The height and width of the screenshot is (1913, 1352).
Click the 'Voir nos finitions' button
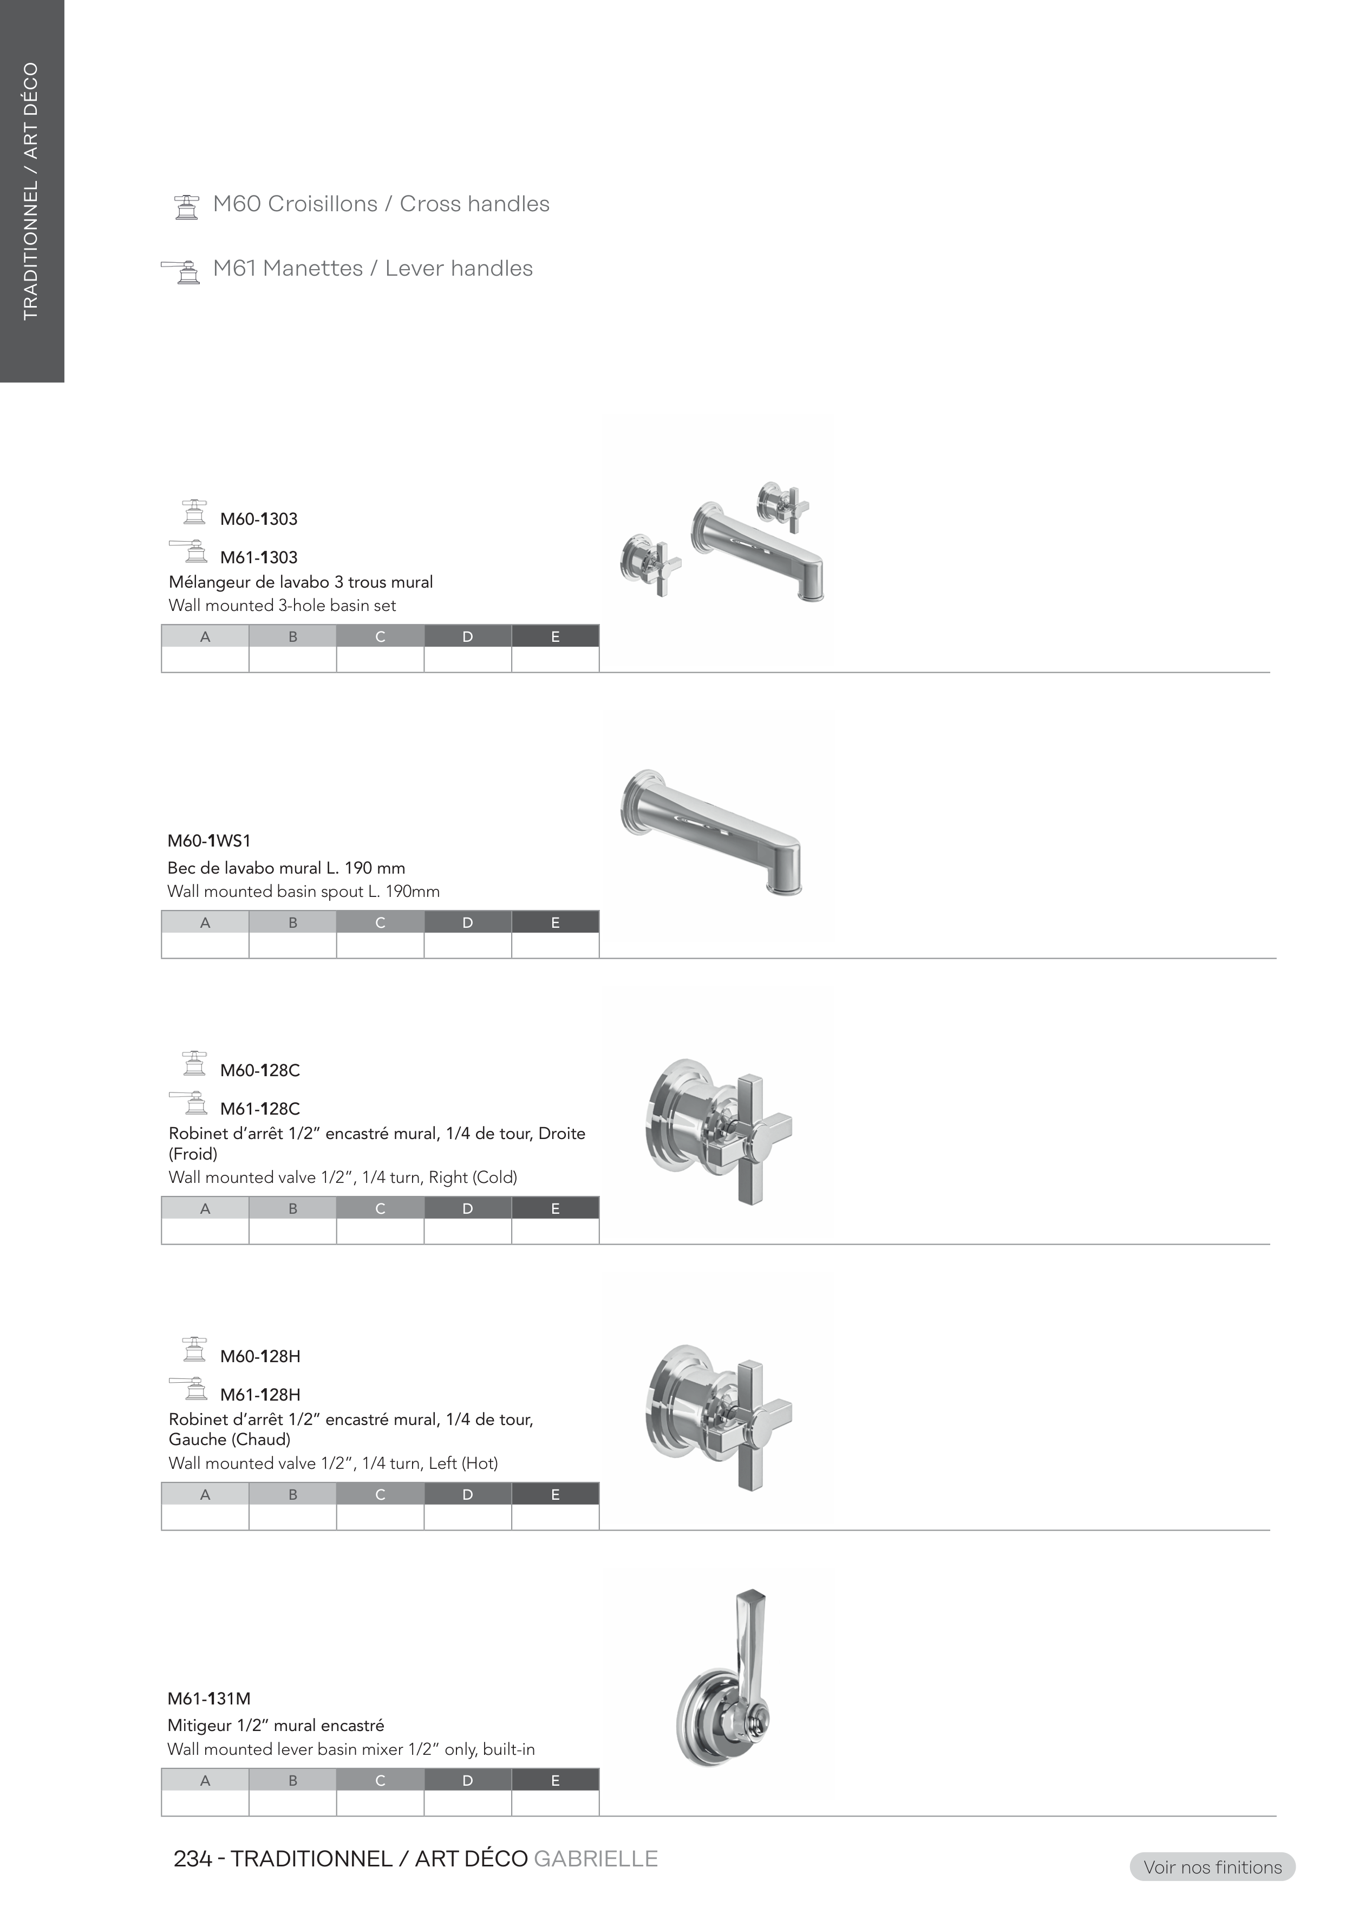point(1212,1867)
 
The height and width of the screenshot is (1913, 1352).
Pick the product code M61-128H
point(260,1394)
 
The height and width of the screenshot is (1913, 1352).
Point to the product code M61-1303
point(259,557)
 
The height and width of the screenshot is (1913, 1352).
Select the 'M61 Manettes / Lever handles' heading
point(373,268)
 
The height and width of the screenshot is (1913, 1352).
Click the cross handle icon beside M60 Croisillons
point(187,207)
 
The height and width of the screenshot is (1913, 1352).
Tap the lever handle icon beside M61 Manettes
point(181,271)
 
